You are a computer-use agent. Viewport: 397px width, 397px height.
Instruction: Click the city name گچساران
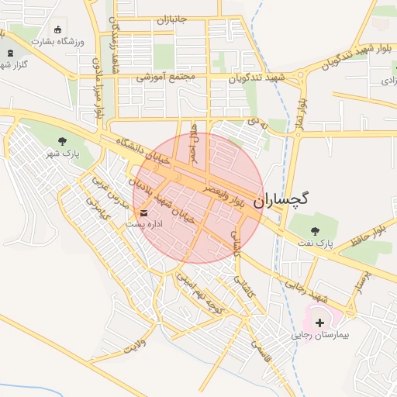tap(281, 198)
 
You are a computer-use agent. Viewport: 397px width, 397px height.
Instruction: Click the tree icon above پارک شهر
tap(62, 141)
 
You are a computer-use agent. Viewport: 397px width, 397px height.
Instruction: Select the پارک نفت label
tap(313, 243)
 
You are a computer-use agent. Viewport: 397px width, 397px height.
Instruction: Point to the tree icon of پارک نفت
tap(314, 230)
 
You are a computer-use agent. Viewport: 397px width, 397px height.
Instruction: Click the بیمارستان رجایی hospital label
tap(320, 337)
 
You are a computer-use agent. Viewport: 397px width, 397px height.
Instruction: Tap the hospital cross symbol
tap(319, 322)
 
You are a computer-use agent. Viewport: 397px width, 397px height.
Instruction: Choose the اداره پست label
tap(144, 223)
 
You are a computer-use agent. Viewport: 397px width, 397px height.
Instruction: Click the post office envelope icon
tap(144, 211)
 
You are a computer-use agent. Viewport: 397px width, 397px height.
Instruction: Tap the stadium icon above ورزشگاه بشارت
tap(57, 29)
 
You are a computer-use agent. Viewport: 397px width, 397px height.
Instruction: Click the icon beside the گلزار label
tap(9, 54)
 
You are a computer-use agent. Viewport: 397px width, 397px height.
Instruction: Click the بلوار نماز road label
tap(300, 112)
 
